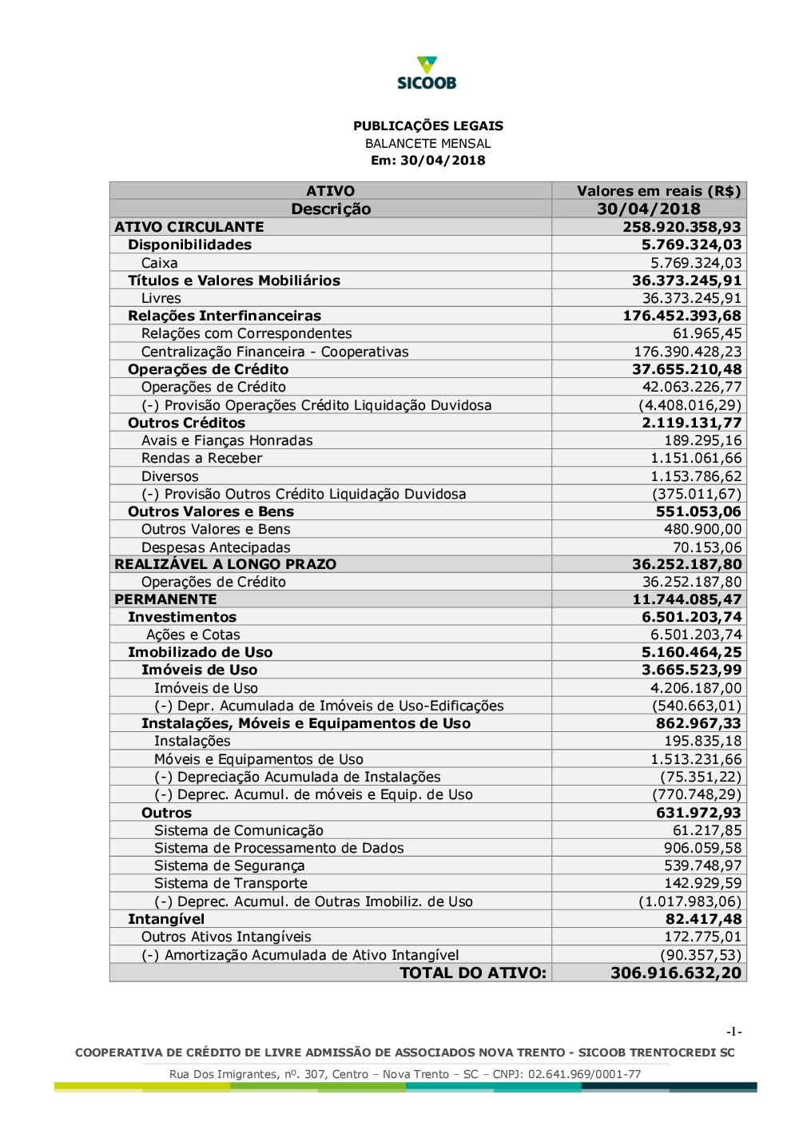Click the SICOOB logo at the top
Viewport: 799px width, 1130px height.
coord(427,73)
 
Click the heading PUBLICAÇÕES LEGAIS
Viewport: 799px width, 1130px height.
coord(428,125)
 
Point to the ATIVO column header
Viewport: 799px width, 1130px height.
coord(330,191)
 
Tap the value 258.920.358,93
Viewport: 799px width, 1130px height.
coord(682,227)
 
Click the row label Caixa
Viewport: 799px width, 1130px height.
coord(160,263)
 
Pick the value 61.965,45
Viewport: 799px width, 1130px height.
coord(706,333)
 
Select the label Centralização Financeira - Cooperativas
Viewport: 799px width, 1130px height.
coord(275,352)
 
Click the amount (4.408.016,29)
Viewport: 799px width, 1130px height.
coord(690,405)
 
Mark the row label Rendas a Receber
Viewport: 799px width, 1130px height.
coord(201,458)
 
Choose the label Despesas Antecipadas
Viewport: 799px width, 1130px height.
coord(216,547)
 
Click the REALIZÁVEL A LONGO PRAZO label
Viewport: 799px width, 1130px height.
coord(225,564)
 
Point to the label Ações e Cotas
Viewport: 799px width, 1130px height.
coord(193,635)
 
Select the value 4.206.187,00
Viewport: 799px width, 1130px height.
coord(695,688)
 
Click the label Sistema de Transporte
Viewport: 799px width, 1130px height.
coord(231,883)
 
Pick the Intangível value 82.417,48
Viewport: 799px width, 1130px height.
coord(703,919)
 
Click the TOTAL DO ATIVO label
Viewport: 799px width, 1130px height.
coord(473,973)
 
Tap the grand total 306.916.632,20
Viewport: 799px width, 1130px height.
coord(676,973)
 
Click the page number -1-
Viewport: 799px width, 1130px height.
coord(734,1032)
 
